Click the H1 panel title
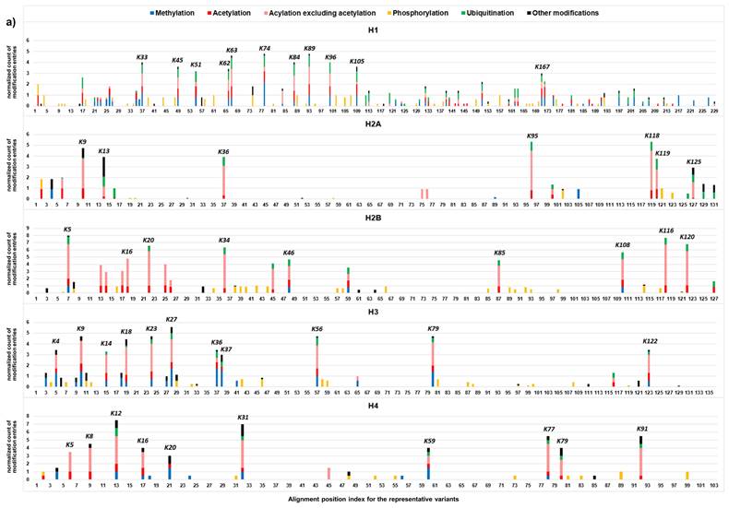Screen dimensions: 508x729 tap(373, 30)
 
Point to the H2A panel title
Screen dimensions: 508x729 tap(373, 125)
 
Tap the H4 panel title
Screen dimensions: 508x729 tap(373, 404)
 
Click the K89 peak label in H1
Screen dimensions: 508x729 tap(309, 48)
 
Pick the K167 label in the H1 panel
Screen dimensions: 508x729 tap(543, 67)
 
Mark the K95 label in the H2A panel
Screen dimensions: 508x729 tap(532, 136)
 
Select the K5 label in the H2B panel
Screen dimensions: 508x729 tap(67, 229)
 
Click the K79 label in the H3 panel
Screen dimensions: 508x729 tap(433, 329)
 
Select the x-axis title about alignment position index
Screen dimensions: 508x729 tap(372, 499)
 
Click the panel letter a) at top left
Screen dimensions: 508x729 tap(11, 13)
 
